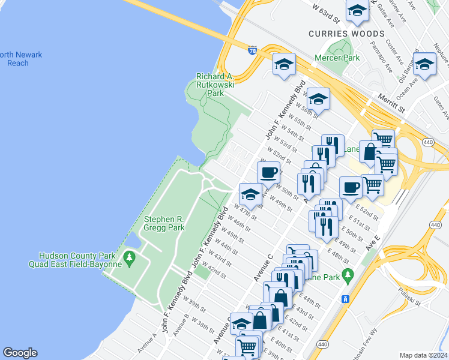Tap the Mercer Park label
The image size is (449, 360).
click(337, 59)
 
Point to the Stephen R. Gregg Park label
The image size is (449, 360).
click(164, 223)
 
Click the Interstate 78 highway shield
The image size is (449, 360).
click(253, 51)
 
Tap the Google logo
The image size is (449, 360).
click(20, 353)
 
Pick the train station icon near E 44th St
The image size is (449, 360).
click(345, 299)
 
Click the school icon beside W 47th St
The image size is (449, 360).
click(250, 194)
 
